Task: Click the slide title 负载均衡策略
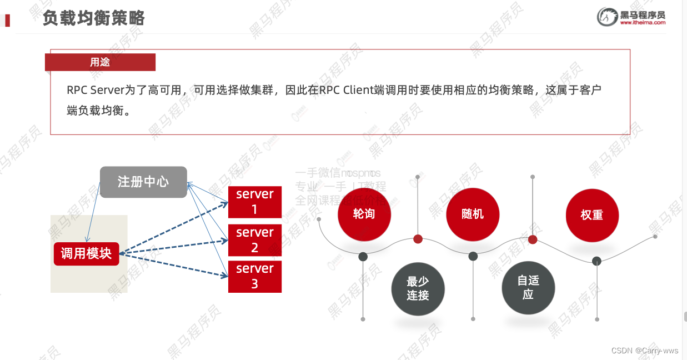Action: click(93, 18)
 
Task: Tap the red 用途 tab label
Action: click(100, 62)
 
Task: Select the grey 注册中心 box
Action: click(143, 182)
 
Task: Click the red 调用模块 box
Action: click(86, 254)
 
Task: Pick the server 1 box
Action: click(255, 202)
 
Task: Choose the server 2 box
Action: click(255, 240)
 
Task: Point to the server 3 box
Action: click(255, 276)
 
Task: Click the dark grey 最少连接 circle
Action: click(418, 289)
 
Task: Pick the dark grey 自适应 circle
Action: click(528, 288)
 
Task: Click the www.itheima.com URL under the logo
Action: click(643, 23)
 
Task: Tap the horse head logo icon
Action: click(607, 17)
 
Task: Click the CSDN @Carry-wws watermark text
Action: click(645, 351)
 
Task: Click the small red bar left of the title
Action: click(7, 21)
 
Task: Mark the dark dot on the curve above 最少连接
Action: click(363, 256)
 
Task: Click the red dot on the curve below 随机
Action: click(418, 239)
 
